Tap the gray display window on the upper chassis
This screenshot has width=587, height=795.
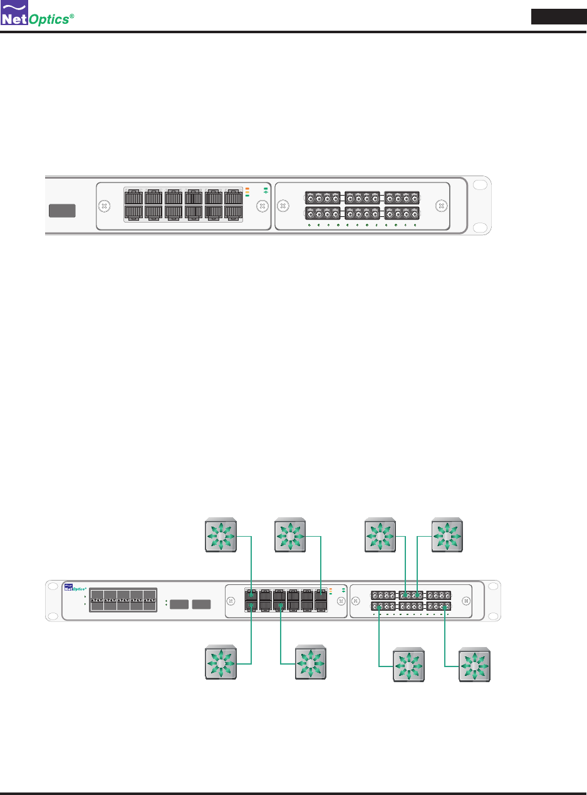tap(62, 211)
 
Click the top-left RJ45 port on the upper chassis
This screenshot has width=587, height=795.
tap(133, 196)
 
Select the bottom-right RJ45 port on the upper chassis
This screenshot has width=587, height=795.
tap(233, 213)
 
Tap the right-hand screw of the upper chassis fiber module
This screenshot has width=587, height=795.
tap(441, 205)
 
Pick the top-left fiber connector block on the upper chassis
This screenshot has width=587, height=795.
tap(322, 197)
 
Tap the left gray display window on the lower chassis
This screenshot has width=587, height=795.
tap(179, 604)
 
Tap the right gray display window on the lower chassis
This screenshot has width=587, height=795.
tap(200, 604)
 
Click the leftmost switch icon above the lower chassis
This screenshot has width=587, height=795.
tap(221, 535)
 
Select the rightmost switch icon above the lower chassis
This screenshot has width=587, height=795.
tap(447, 535)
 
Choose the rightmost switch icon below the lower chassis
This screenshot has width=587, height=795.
tap(474, 666)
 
